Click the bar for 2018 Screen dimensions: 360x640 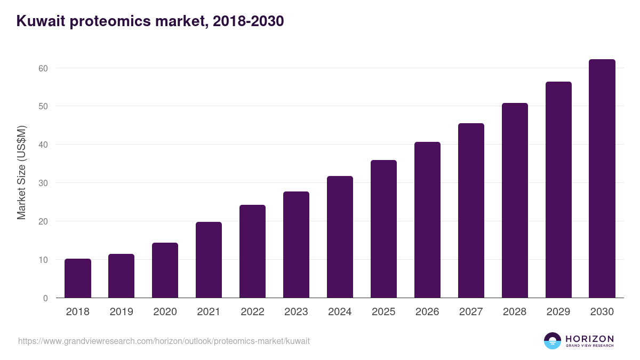78,278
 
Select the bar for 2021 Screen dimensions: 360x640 209,260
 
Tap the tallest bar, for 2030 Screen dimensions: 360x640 602,179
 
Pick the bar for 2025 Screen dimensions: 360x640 383,229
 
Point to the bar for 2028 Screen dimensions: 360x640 515,200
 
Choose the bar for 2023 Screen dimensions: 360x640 296,244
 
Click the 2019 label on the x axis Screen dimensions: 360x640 122,312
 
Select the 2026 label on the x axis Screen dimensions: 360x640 427,312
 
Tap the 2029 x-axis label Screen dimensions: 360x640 558,312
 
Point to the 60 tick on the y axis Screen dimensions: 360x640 43,68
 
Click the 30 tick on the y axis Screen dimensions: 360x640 43,183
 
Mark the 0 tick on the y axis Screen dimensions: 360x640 45,298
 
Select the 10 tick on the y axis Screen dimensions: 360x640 43,260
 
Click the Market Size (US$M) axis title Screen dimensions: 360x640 21,172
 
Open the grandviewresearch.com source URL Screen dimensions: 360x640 164,341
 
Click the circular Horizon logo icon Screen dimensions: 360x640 553,341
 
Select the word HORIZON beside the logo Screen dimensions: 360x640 589,339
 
